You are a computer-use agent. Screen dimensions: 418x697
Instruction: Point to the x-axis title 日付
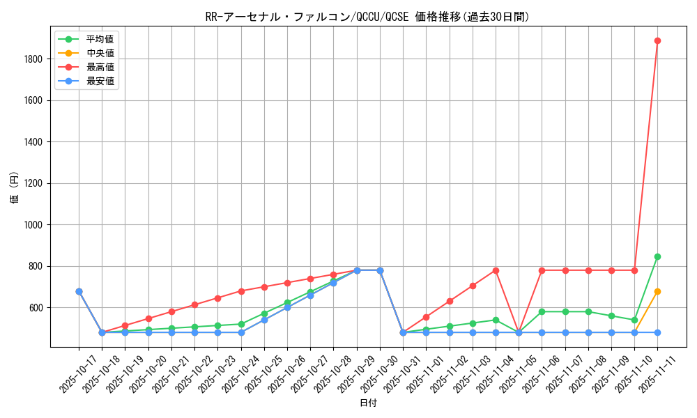tap(368, 403)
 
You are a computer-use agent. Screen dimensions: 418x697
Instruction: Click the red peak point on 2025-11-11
tap(657, 40)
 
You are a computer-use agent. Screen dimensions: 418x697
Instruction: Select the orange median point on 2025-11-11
tap(657, 291)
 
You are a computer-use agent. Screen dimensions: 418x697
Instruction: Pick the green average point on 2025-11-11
tap(657, 256)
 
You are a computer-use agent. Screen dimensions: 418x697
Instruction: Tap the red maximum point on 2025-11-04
tap(496, 270)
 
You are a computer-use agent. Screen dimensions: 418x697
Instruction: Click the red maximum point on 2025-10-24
tap(241, 291)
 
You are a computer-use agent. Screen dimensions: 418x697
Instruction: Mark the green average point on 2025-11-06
tap(542, 311)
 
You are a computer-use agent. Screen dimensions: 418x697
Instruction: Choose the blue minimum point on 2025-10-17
tap(79, 291)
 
